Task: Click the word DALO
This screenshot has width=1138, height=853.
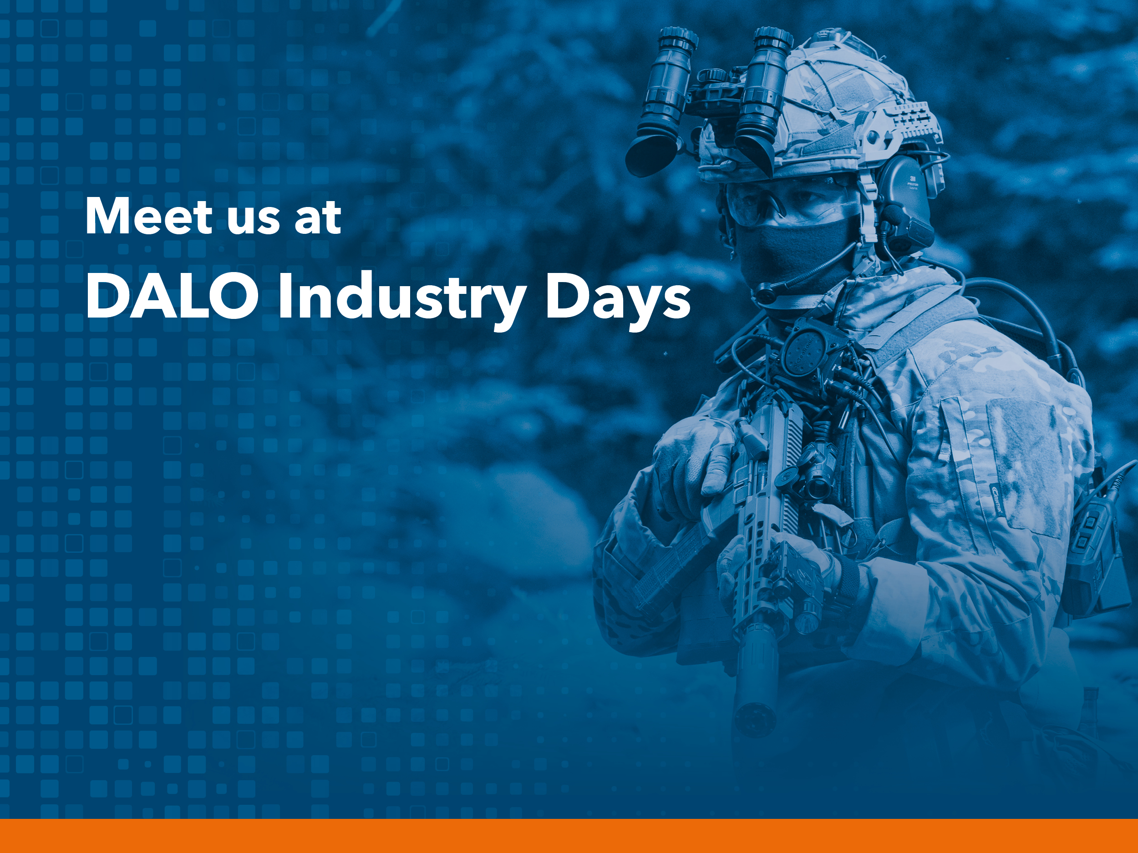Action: point(172,296)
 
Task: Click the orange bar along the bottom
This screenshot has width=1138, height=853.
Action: point(569,836)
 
